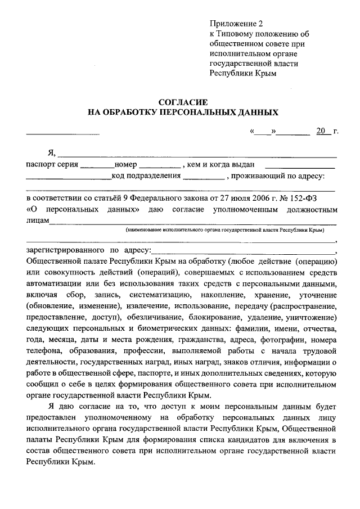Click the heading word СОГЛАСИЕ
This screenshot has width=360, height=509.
[x=183, y=102]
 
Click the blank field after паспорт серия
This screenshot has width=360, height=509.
[x=97, y=165]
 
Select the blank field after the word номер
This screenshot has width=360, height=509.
[x=159, y=165]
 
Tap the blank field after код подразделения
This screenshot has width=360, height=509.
[x=202, y=176]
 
